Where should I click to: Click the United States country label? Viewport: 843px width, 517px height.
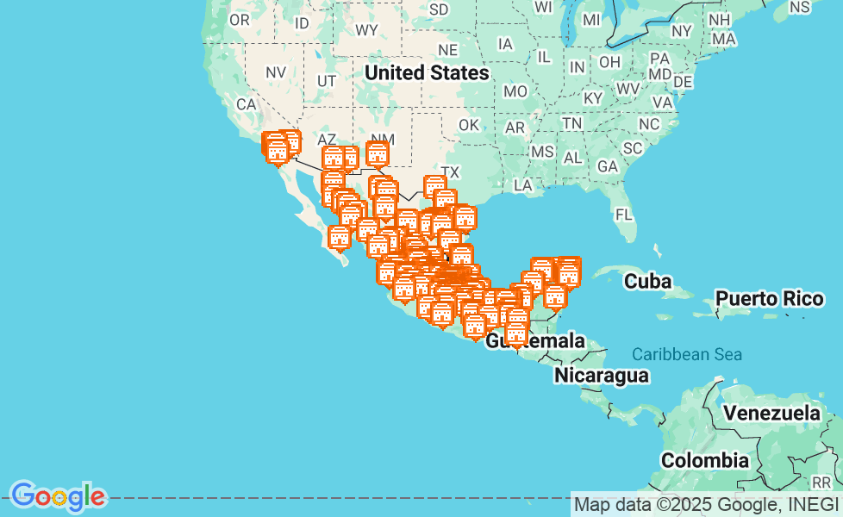[427, 72]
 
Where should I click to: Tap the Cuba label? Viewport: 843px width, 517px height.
[647, 281]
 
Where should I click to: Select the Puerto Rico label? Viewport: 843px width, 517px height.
[770, 299]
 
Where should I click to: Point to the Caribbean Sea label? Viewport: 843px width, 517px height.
[686, 354]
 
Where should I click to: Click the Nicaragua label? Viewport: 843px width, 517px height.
[601, 375]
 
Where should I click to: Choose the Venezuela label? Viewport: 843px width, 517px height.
[771, 413]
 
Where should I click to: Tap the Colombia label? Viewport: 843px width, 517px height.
[705, 460]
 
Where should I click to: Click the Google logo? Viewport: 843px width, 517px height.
[58, 495]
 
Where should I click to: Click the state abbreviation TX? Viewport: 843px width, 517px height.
[450, 171]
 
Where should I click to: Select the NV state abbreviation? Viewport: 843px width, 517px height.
[276, 73]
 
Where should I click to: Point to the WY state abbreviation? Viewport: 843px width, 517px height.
[366, 30]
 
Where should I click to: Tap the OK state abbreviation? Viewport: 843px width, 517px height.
[468, 125]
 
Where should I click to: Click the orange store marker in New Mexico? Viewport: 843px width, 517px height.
[377, 154]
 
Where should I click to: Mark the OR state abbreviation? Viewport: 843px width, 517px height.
[239, 20]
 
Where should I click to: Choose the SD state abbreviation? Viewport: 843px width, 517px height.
[439, 9]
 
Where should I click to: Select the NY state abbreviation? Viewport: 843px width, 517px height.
[682, 30]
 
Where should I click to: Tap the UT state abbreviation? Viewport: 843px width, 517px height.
[327, 81]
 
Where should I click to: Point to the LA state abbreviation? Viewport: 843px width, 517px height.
[522, 184]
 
